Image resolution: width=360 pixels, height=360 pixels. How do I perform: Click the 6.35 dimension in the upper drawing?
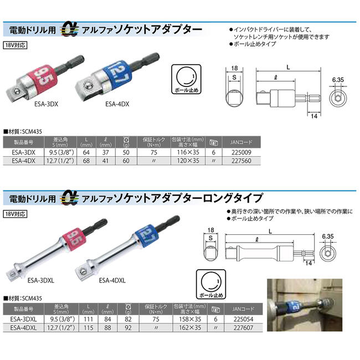337,79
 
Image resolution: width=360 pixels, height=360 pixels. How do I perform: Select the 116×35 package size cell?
188,151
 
